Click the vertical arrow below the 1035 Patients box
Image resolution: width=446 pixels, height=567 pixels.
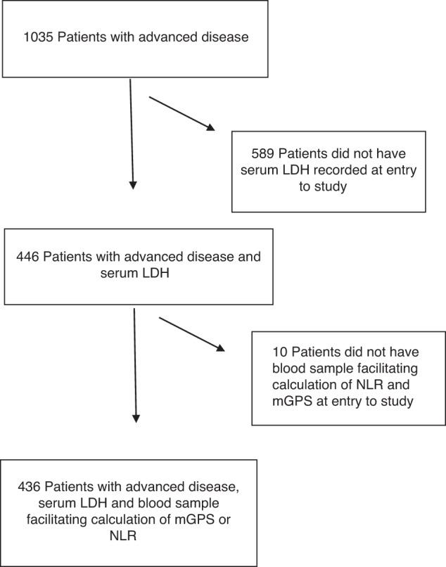[x=131, y=134]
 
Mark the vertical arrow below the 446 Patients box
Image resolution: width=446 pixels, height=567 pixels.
[x=134, y=366]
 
